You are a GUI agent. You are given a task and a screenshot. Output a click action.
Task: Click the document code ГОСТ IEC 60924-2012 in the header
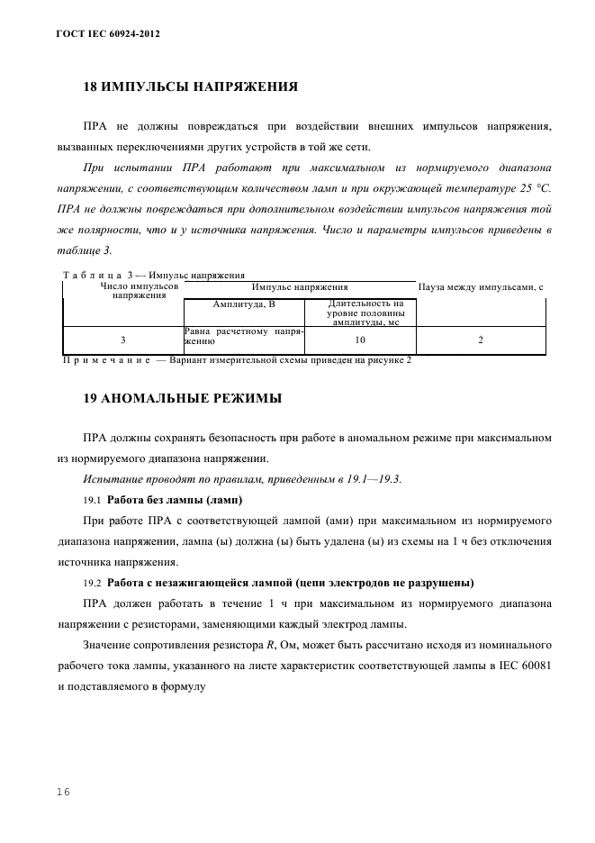click(x=103, y=33)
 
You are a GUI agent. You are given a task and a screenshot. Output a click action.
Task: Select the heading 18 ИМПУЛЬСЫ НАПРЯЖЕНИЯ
click(x=190, y=87)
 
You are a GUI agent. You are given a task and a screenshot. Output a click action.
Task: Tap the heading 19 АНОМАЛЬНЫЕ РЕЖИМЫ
click(x=182, y=397)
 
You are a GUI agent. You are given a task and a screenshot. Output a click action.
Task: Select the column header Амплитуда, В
click(x=243, y=304)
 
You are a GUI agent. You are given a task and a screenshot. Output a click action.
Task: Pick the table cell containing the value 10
click(x=360, y=340)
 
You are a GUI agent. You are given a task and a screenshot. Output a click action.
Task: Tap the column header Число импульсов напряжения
click(x=122, y=290)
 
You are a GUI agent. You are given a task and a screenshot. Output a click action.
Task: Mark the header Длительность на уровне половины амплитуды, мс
click(x=360, y=312)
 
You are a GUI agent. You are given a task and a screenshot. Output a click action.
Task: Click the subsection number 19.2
click(x=93, y=582)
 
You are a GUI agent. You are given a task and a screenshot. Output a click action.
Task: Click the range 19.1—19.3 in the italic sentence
click(x=369, y=478)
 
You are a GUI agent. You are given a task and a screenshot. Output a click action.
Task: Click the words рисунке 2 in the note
click(x=384, y=360)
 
